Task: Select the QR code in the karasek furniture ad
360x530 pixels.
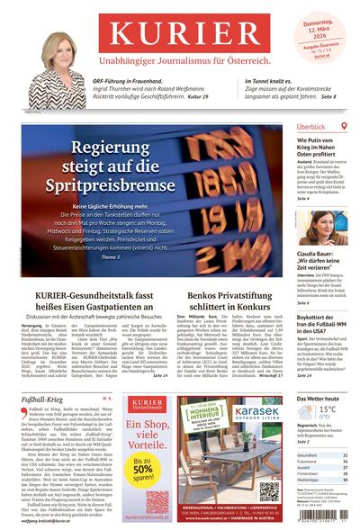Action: click(270, 490)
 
